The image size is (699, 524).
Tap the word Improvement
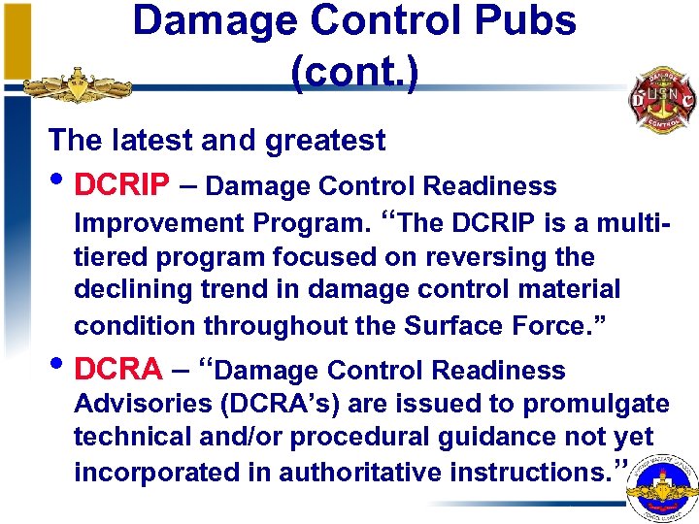pyautogui.click(x=160, y=223)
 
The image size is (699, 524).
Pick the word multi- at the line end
pyautogui.click(x=632, y=223)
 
